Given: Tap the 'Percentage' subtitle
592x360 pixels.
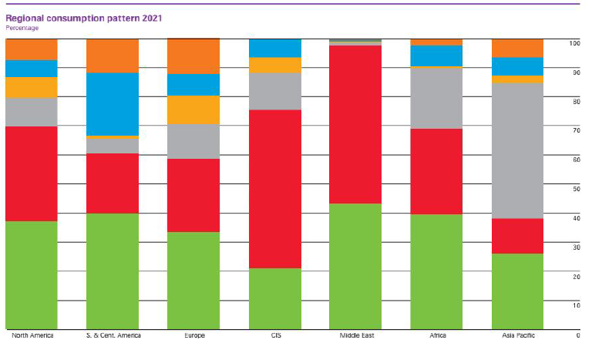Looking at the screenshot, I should (x=22, y=28).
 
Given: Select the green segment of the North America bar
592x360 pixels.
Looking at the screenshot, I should (x=31, y=275).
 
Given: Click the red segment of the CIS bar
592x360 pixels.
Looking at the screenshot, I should (x=274, y=189).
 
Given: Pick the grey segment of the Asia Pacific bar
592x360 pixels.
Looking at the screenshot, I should (x=517, y=151).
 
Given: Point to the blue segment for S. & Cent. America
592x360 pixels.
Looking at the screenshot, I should (x=112, y=104).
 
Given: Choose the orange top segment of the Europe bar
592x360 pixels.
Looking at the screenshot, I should (x=193, y=56).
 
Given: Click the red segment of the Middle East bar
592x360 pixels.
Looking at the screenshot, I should (x=355, y=124).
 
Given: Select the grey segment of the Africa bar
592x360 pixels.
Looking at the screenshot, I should (x=436, y=99).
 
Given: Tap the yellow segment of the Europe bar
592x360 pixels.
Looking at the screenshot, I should (x=193, y=110).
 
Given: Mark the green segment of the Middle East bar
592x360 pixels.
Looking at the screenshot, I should (x=355, y=267).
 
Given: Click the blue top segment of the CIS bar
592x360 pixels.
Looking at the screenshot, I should (x=274, y=48).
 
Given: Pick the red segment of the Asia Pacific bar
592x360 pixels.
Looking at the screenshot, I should (x=517, y=236).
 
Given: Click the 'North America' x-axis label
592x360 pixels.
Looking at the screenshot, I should (x=32, y=336).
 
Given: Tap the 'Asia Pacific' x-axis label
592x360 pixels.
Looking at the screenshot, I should (x=517, y=336).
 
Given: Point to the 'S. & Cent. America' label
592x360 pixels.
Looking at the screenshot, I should (x=113, y=336).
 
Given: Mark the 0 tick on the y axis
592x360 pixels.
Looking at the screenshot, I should (x=577, y=336).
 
